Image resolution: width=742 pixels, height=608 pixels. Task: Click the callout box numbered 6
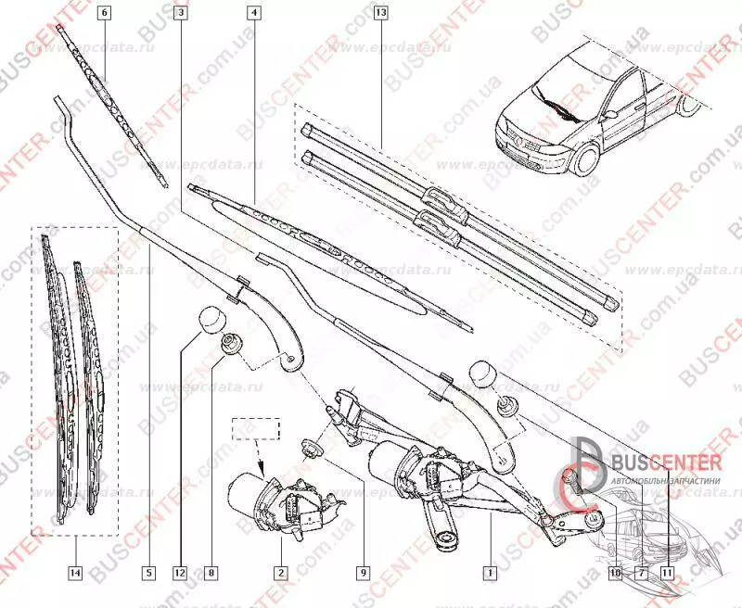103,13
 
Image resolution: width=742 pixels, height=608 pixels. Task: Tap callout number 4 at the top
253,13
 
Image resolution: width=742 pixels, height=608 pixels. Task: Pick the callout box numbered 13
379,13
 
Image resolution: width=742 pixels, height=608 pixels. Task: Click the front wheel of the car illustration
584,159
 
